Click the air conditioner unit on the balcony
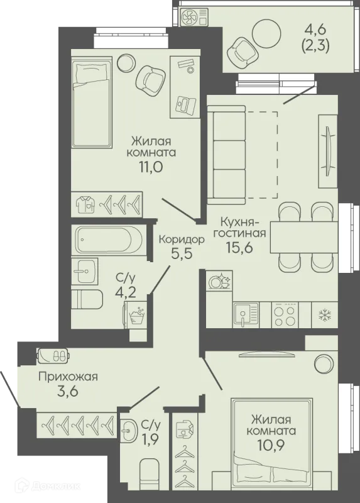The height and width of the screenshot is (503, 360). (194, 17)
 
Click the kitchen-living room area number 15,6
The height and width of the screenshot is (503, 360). (239, 247)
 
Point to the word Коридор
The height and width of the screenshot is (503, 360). (182, 240)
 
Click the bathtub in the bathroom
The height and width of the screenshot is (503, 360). (108, 240)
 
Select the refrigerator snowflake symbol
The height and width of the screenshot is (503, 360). (325, 315)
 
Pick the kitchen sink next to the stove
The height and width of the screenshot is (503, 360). (246, 315)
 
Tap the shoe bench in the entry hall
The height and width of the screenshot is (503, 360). (53, 355)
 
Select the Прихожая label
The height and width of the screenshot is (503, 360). (68, 376)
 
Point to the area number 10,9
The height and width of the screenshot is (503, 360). (271, 445)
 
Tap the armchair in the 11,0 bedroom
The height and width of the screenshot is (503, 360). (150, 77)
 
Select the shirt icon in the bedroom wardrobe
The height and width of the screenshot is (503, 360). (86, 203)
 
